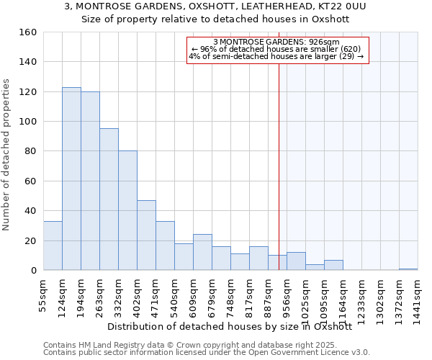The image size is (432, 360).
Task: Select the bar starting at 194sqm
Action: coord(90,181)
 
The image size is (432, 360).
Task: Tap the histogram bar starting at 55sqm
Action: coord(53,246)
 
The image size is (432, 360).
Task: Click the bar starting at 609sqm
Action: coord(202,252)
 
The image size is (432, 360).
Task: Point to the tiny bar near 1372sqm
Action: coord(408,269)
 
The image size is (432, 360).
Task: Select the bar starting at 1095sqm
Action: coord(333,265)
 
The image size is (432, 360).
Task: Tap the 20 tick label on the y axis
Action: coord(30,240)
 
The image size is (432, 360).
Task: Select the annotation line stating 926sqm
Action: coord(277,42)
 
